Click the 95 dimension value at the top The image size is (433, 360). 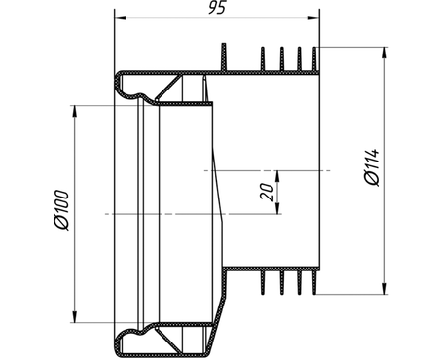(x=216, y=8)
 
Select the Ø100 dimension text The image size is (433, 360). (x=61, y=210)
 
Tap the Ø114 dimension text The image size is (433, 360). (x=372, y=167)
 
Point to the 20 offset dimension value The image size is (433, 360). (x=267, y=192)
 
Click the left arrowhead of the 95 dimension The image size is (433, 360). (x=120, y=18)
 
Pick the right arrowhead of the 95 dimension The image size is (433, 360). (x=313, y=18)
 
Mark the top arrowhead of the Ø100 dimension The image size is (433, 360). (x=75, y=111)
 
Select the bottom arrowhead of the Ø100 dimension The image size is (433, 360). (x=75, y=317)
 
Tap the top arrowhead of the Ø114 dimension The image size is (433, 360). (x=384, y=53)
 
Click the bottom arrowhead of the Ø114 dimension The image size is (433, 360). (x=384, y=288)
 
